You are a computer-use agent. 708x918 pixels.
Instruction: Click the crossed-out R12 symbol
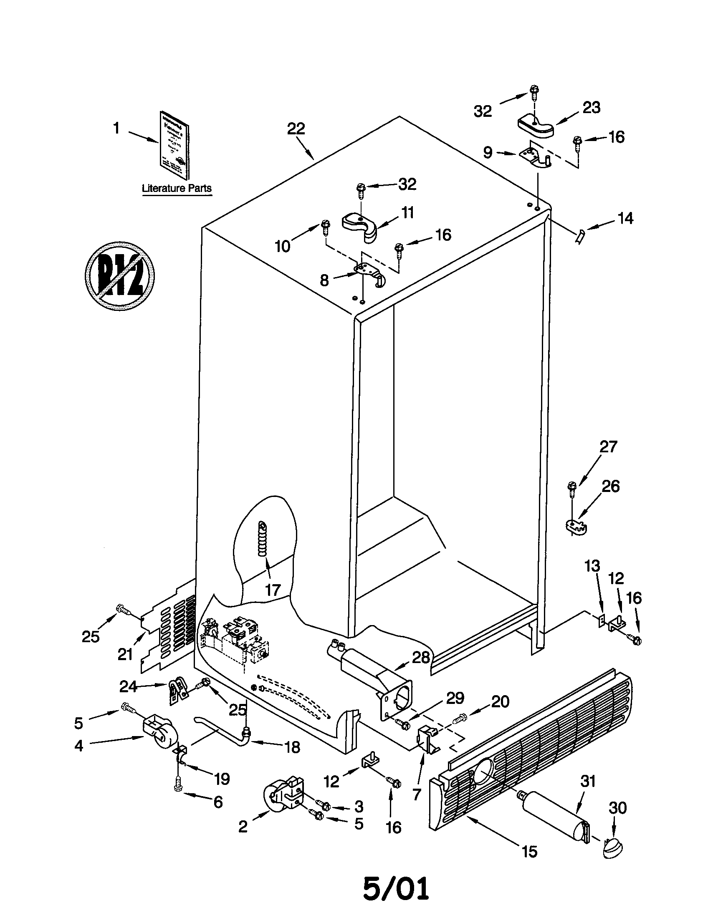[119, 275]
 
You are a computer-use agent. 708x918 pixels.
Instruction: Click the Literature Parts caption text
[177, 188]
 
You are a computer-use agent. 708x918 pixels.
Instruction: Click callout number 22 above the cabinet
[296, 129]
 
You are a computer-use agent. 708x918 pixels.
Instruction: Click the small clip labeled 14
[580, 237]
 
